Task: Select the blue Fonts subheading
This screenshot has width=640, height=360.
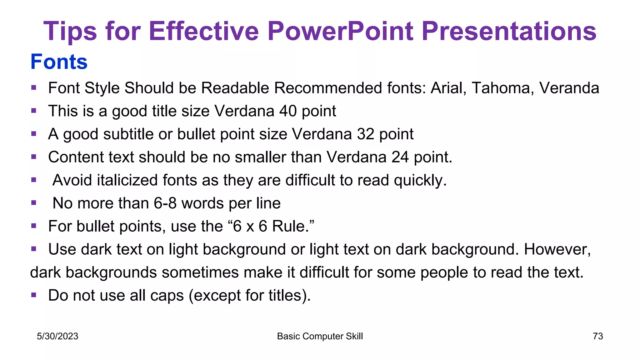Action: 59,62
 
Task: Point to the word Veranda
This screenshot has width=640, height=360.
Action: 569,88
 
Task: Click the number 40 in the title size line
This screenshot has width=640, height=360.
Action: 288,111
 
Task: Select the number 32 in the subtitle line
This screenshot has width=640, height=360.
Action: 365,134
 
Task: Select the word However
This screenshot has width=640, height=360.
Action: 557,249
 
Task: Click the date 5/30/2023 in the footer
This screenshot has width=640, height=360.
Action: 57,336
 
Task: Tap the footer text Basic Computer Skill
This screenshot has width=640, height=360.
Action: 320,336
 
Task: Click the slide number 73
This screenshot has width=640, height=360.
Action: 597,336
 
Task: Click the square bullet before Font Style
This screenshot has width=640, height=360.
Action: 34,87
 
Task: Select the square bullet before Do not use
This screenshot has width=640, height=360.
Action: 34,295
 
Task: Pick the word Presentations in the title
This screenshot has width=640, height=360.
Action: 509,31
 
